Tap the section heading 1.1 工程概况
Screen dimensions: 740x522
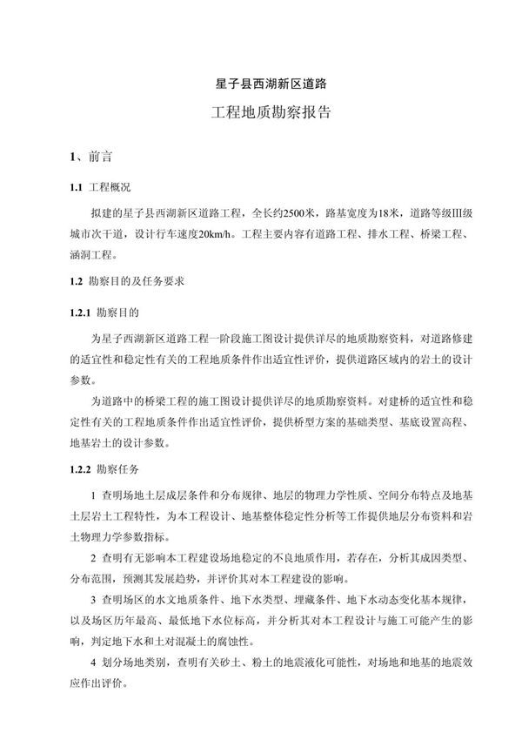pos(101,188)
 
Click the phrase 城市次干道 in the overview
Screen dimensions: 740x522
pos(92,235)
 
